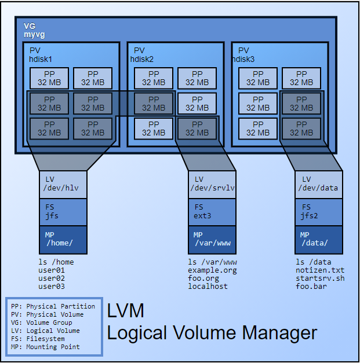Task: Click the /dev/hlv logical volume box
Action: pyautogui.click(x=63, y=184)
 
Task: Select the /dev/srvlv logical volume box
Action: pyautogui.click(x=212, y=184)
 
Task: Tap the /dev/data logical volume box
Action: pyautogui.click(x=318, y=184)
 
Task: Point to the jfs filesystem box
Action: pyautogui.click(x=63, y=212)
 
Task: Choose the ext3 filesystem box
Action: pyautogui.click(x=212, y=212)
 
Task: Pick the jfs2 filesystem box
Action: pyautogui.click(x=318, y=212)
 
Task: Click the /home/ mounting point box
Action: pyautogui.click(x=63, y=239)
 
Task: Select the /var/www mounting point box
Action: pyautogui.click(x=212, y=239)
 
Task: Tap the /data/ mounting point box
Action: pyautogui.click(x=318, y=239)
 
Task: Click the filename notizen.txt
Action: pyautogui.click(x=319, y=270)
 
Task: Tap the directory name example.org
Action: pyautogui.click(x=212, y=270)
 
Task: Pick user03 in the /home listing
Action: pyautogui.click(x=52, y=286)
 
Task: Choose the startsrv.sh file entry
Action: pyautogui.click(x=319, y=278)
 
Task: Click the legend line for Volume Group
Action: pyautogui.click(x=41, y=322)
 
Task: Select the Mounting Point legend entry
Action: pyautogui.click(x=45, y=347)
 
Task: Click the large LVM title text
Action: pyautogui.click(x=126, y=311)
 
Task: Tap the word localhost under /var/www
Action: pyautogui.click(x=208, y=286)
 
